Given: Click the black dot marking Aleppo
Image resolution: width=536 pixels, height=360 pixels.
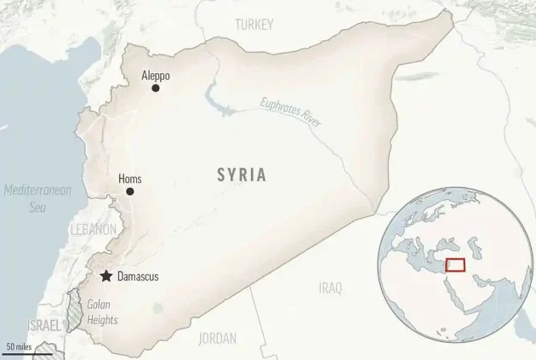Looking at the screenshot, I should tap(156, 88).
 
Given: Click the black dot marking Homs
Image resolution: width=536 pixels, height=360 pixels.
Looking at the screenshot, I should tap(130, 191).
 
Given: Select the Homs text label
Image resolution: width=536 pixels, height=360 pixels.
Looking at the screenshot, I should tap(130, 179).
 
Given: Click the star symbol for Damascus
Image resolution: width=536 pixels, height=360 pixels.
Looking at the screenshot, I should tap(105, 277).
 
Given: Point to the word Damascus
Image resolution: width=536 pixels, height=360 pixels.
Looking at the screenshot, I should tap(138, 277).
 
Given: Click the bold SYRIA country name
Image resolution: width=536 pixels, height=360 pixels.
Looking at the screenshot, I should tap(242, 175).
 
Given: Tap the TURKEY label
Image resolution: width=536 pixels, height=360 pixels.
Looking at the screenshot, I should tap(254, 25).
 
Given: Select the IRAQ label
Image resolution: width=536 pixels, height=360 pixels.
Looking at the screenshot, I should tap(330, 289).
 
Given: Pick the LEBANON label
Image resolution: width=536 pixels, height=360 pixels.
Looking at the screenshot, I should tap(93, 230).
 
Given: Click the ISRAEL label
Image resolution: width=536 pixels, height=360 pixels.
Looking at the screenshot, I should tap(44, 326).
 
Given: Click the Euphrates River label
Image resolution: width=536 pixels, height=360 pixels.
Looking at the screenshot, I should tap(292, 113).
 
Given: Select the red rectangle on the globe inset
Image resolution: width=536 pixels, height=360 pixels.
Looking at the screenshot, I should tap(454, 265).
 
